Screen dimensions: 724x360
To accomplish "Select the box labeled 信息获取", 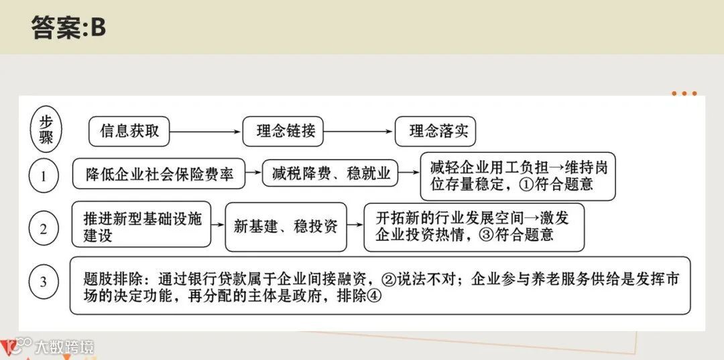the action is [x=129, y=132].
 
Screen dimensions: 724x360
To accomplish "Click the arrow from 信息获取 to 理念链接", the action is [x=205, y=132].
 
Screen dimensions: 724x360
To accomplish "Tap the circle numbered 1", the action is [x=44, y=176].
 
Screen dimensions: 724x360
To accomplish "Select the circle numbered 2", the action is [x=44, y=229].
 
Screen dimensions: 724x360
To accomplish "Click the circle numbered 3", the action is [x=44, y=282].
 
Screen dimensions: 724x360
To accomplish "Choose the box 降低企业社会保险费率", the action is [x=160, y=174].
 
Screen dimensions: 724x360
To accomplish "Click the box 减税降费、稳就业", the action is [x=331, y=174].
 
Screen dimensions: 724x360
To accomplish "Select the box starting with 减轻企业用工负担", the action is [x=518, y=176].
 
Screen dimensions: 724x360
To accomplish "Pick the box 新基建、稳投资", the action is [x=286, y=227].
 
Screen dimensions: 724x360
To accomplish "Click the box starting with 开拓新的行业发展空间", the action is [x=474, y=227].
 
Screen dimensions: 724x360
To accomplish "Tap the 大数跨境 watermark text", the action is [x=65, y=347].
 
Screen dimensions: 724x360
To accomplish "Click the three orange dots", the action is [x=684, y=94].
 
